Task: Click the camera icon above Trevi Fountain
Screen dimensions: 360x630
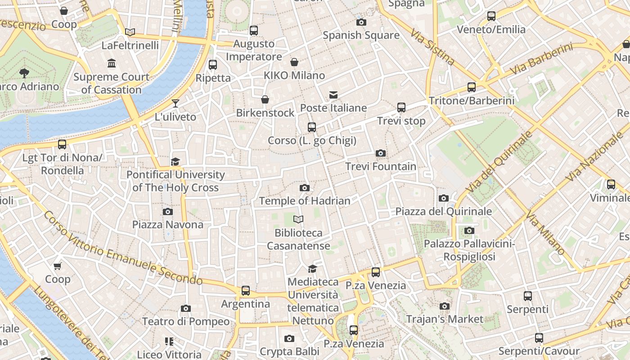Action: [x=381, y=153]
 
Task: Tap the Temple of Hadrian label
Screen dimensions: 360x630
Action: [x=304, y=201]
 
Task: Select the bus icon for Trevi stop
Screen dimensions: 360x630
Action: [x=401, y=108]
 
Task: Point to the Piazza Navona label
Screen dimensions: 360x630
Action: [x=167, y=224]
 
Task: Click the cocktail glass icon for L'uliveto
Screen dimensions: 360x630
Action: [x=175, y=103]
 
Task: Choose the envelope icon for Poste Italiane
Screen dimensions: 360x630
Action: [x=333, y=95]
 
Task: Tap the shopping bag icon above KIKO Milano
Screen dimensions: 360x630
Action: [x=294, y=62]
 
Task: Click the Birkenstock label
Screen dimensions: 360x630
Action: [x=265, y=112]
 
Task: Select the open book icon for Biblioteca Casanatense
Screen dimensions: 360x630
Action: [x=298, y=220]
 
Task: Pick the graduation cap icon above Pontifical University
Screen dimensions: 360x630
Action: [x=175, y=162]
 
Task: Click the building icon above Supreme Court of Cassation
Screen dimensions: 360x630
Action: [x=112, y=63]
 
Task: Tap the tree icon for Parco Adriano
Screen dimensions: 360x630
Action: [x=24, y=73]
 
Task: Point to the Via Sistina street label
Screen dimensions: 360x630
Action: [x=432, y=46]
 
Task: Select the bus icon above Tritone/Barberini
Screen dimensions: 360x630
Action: [x=471, y=87]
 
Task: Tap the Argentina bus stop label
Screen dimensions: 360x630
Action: [x=245, y=304]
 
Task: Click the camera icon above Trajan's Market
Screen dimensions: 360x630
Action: [x=444, y=306]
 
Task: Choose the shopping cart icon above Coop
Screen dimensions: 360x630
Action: [x=58, y=266]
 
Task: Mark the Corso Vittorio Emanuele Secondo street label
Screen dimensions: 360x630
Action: [x=123, y=249]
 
